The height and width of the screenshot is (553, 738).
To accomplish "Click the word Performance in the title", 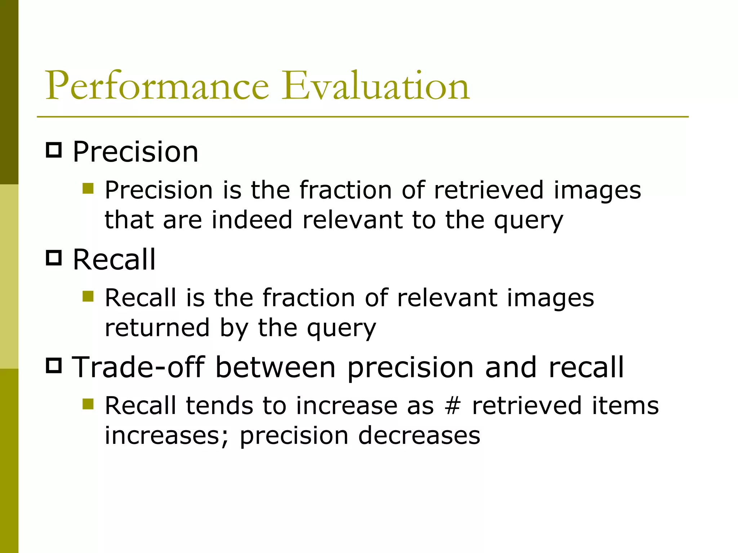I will click(x=157, y=86).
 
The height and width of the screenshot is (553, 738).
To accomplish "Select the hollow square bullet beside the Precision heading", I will click(x=54, y=150).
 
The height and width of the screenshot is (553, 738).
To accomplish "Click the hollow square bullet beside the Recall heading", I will click(x=54, y=258).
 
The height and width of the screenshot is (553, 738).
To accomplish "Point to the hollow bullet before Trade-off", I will click(x=54, y=365).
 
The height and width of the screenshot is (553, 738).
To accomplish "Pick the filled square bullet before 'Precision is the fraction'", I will click(x=88, y=188).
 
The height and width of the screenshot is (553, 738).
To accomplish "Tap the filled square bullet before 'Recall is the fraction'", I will click(x=88, y=296).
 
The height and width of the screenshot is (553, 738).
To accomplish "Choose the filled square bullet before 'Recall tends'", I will click(x=88, y=404).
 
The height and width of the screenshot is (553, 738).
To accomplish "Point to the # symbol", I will click(x=453, y=406).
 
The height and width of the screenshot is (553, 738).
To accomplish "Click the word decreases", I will click(x=419, y=436).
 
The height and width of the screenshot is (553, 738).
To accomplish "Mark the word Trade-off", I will click(x=138, y=367).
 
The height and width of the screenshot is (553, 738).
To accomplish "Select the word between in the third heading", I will click(x=275, y=367).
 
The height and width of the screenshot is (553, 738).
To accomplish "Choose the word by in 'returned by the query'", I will click(x=234, y=328).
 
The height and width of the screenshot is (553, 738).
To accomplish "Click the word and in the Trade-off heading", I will click(x=511, y=367).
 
